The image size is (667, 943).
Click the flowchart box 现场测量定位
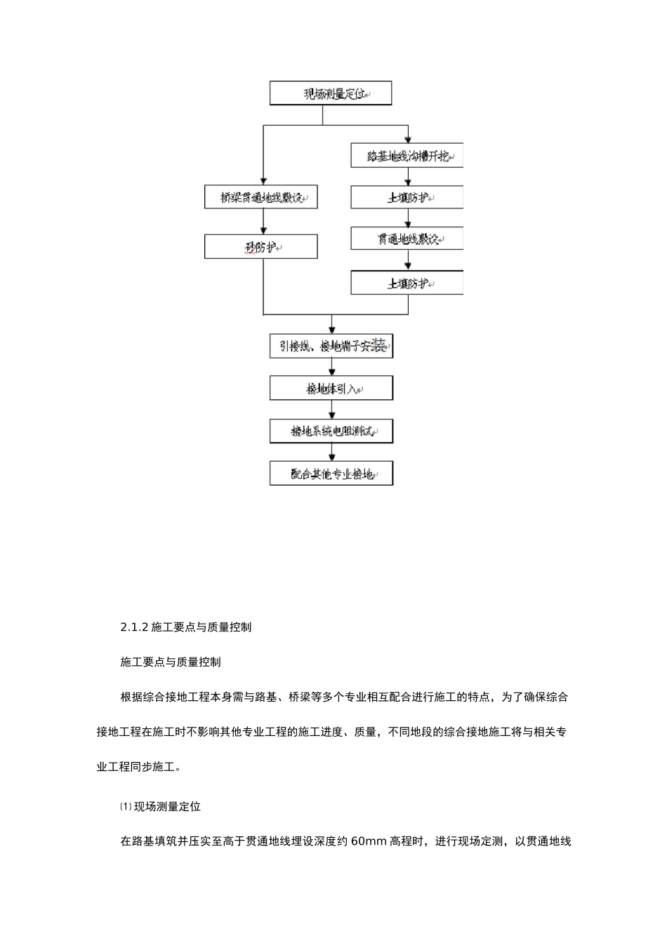click(x=330, y=93)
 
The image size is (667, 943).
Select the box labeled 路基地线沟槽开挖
click(x=407, y=156)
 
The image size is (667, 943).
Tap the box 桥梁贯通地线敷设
click(x=260, y=197)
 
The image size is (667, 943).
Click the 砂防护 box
click(x=260, y=247)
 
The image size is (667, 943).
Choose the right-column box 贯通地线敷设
click(x=407, y=239)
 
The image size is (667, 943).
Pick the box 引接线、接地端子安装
click(x=331, y=346)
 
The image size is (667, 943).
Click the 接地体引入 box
click(x=331, y=388)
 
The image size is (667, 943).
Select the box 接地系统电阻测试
click(x=331, y=431)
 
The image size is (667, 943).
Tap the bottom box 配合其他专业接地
click(x=331, y=474)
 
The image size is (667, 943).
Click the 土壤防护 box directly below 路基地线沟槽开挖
click(x=407, y=197)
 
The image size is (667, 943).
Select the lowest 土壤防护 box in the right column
click(x=407, y=283)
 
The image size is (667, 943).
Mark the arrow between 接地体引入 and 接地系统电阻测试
click(x=331, y=410)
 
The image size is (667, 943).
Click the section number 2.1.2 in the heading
click(x=134, y=627)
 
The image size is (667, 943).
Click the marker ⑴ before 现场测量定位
click(x=126, y=807)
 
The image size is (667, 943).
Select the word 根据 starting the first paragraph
click(x=131, y=697)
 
